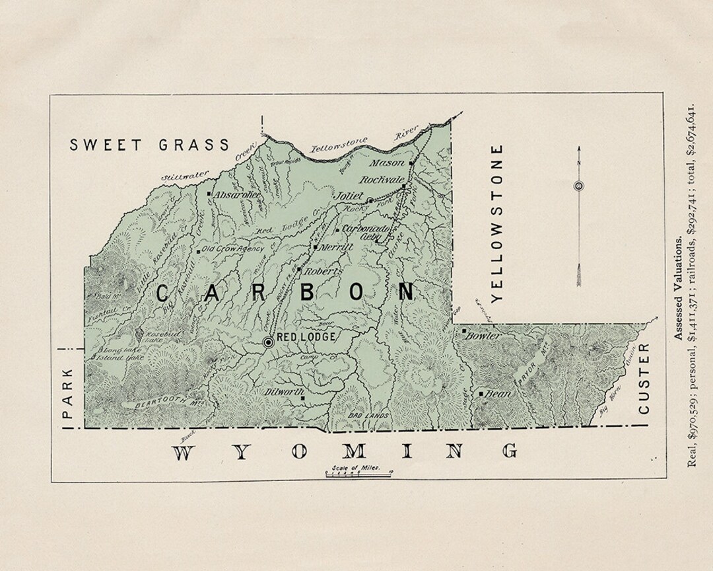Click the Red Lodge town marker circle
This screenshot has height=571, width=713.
click(269, 342)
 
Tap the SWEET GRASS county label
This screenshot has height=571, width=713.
click(150, 145)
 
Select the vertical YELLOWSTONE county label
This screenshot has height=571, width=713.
click(498, 223)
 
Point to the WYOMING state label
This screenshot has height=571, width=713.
click(345, 452)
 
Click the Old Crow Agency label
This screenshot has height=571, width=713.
click(232, 249)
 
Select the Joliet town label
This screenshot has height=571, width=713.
click(347, 196)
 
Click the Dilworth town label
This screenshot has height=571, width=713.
click(283, 391)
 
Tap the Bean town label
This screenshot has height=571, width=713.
click(499, 394)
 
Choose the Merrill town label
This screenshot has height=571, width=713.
click(337, 247)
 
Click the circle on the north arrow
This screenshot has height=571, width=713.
click(579, 186)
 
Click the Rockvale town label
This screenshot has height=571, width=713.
click(381, 179)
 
